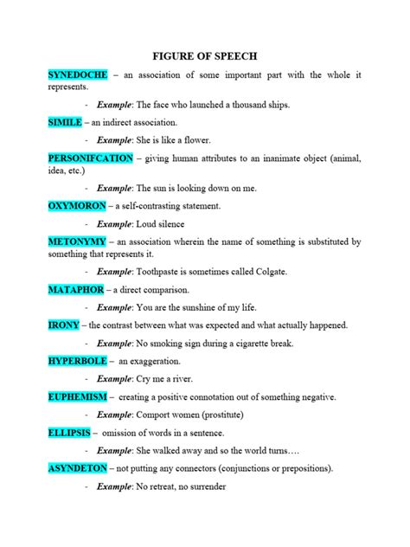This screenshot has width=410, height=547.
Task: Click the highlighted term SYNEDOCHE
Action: pyautogui.click(x=78, y=75)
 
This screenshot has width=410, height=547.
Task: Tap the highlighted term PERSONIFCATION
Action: pyautogui.click(x=91, y=158)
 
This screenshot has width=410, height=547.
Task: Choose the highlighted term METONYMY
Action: pyautogui.click(x=77, y=241)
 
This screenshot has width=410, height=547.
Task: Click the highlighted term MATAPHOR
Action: pyautogui.click(x=76, y=289)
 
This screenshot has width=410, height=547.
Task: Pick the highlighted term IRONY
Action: pyautogui.click(x=64, y=325)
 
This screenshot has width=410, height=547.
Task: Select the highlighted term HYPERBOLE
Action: pyautogui.click(x=78, y=360)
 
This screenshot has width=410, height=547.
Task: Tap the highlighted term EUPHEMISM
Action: pyautogui.click(x=78, y=396)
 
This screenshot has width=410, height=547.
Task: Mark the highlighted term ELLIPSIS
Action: pyautogui.click(x=69, y=432)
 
